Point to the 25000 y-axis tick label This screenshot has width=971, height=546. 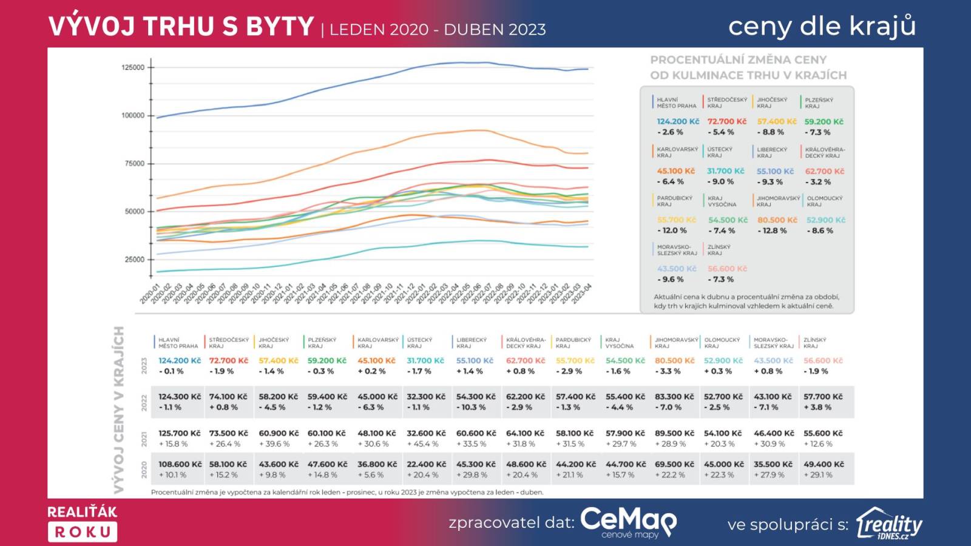(x=134, y=260)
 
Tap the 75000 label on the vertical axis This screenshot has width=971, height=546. (x=134, y=164)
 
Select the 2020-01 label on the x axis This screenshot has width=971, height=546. (x=149, y=294)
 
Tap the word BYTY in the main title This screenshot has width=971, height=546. (x=280, y=27)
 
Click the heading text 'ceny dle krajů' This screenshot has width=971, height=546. (x=822, y=26)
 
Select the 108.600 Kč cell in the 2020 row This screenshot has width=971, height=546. (x=180, y=464)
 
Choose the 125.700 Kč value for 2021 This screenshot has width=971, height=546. (x=179, y=433)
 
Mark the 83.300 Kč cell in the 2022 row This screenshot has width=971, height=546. (x=674, y=397)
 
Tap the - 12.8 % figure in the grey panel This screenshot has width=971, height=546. (x=772, y=231)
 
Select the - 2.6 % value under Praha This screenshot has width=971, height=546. (x=670, y=132)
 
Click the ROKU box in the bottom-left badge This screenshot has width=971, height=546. (x=83, y=532)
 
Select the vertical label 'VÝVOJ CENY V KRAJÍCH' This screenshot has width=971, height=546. (x=119, y=409)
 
